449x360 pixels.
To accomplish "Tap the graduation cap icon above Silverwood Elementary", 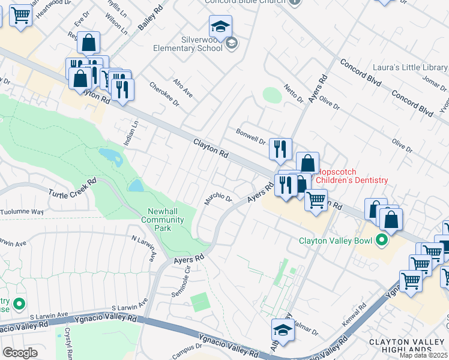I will pos(220,26).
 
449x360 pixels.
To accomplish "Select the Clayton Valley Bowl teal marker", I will pos(381,241).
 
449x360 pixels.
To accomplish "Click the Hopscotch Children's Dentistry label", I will pos(352,176).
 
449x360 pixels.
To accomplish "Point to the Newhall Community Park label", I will pos(162,220).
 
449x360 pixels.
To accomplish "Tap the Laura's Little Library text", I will pos(410,68).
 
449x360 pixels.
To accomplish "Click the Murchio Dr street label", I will pos(217,198).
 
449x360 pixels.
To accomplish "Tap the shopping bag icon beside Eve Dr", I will pos(89,43).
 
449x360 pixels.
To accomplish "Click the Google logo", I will pos(20,353).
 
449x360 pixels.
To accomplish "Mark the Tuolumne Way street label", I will pos(22,212).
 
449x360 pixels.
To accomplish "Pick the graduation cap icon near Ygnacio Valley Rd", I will pos(282,329).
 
